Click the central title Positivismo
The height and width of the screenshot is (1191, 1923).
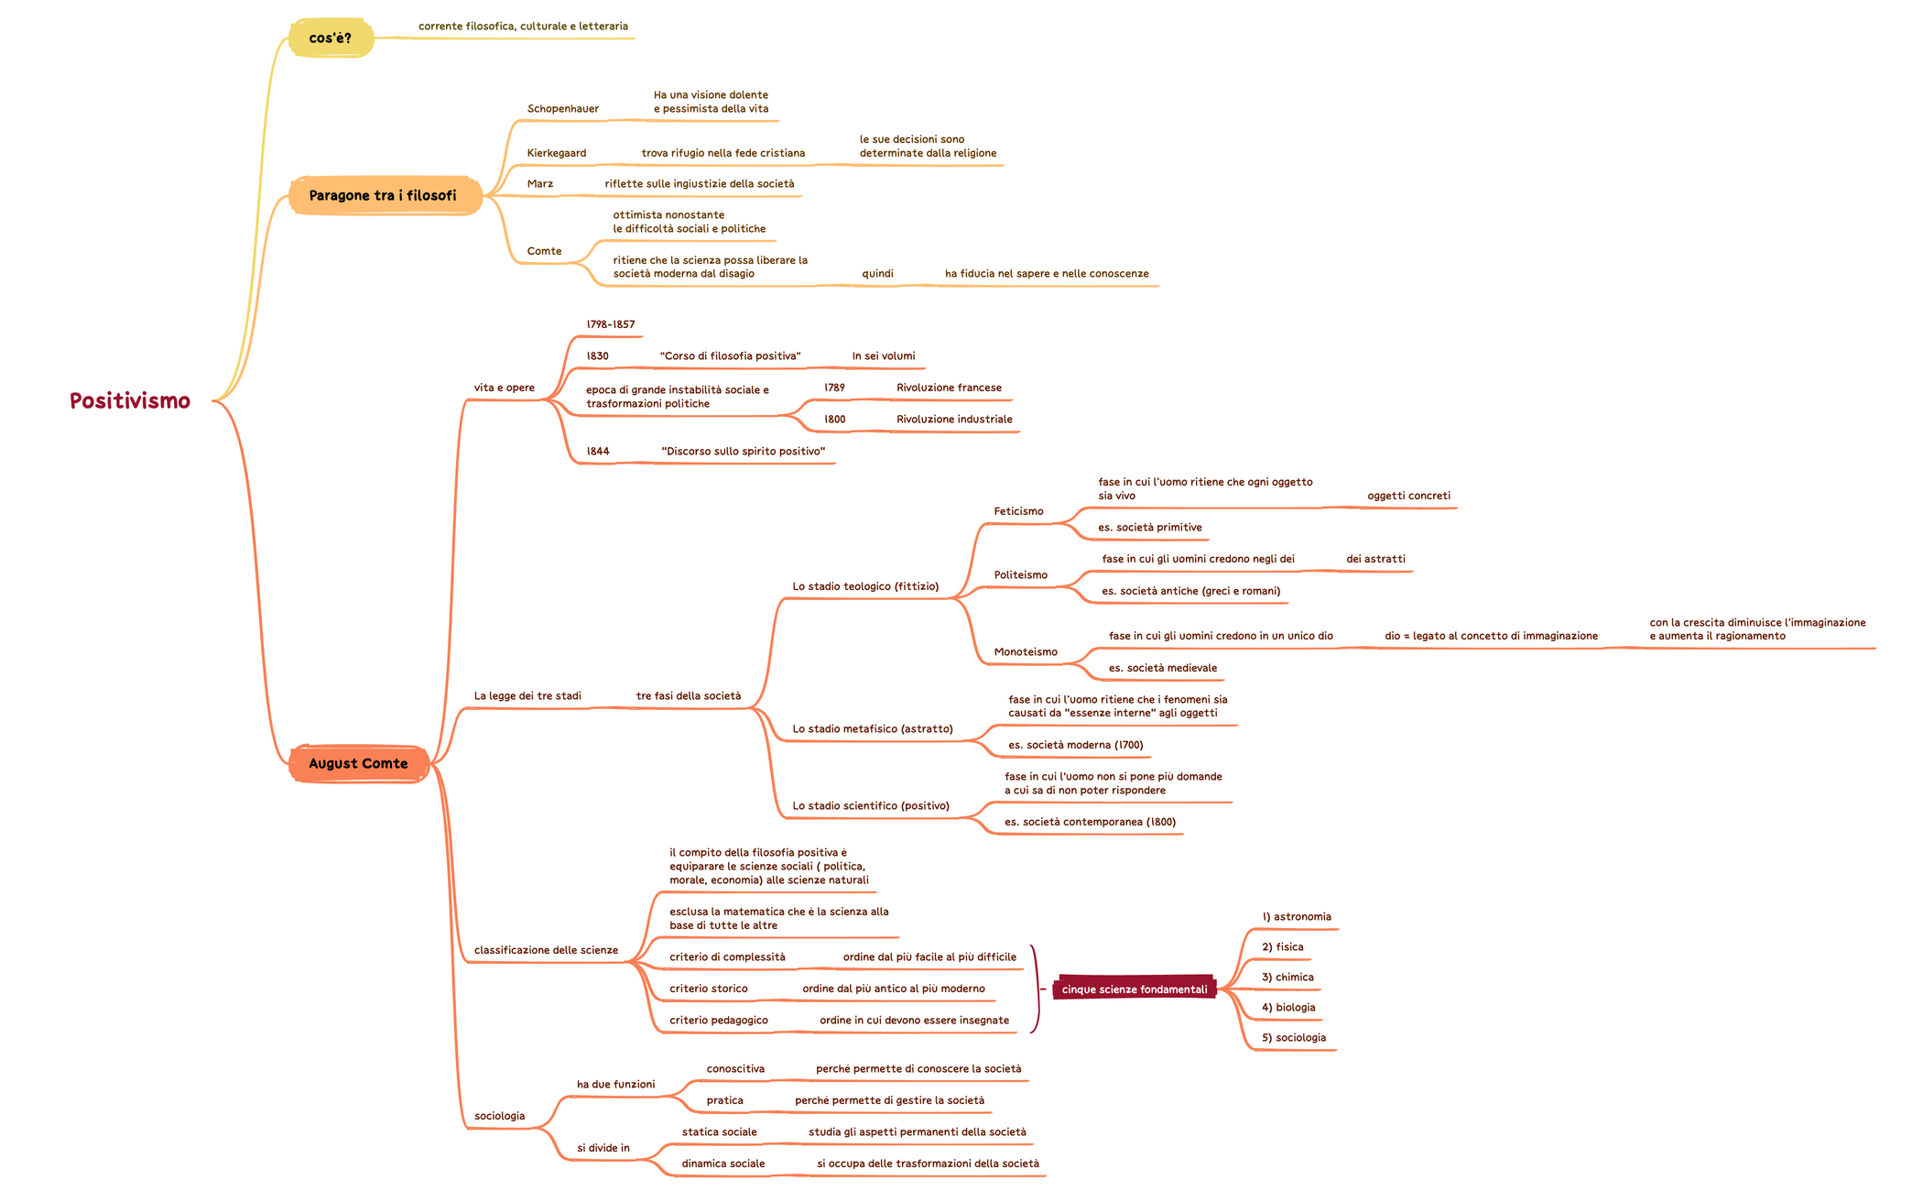coord(130,401)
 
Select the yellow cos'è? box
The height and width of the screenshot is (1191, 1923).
coord(331,38)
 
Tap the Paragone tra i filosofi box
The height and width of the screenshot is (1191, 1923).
coord(384,196)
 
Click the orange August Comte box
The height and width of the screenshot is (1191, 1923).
coord(358,764)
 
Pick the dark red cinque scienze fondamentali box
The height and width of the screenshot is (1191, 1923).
coord(1134,989)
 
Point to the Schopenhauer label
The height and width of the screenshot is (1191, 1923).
coord(562,109)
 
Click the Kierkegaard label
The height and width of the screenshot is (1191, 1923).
coord(556,154)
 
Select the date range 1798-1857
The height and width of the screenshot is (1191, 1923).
coord(610,325)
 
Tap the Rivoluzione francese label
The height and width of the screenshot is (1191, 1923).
coord(949,388)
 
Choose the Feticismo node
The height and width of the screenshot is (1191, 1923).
coord(1018,512)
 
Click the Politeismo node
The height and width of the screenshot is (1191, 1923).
coord(1020,575)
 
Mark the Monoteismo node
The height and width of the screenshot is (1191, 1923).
coord(1026,652)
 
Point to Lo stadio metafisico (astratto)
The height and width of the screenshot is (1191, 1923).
coord(872,729)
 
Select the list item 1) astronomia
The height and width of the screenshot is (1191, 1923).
coord(1296,917)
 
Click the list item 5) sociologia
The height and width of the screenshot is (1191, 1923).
coord(1293,1038)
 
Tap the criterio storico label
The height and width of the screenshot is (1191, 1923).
coord(708,989)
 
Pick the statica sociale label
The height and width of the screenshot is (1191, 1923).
coord(719,1132)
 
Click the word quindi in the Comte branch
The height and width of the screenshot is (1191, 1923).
coord(877,274)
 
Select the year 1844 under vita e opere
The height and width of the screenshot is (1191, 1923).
coord(598,452)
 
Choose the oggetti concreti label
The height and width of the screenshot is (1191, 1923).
coord(1408,497)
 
